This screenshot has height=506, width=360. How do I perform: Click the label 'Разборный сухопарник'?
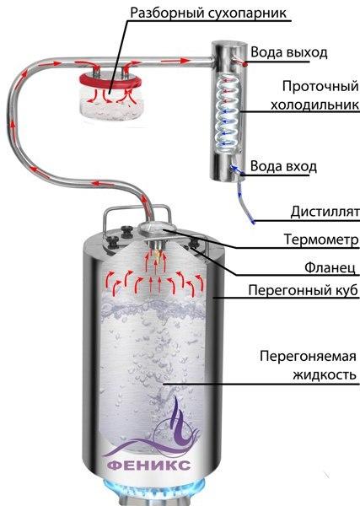point(208,13)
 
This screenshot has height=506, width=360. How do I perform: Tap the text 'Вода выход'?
point(289,52)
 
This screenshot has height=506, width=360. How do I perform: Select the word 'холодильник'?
point(314,105)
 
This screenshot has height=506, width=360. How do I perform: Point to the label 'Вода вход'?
point(283,166)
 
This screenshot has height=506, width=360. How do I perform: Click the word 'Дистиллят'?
point(325,212)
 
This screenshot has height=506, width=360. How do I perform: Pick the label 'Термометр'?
point(321,240)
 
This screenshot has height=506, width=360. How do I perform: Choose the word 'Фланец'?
point(330,267)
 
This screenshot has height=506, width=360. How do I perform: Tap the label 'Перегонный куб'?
point(304,290)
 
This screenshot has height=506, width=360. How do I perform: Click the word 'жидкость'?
point(325,375)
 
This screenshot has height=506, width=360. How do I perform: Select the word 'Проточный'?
point(320,87)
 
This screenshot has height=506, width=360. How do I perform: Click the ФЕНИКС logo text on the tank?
point(148,466)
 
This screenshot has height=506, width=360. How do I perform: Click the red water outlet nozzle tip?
point(245,64)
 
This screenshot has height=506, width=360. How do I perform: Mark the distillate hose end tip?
point(253,221)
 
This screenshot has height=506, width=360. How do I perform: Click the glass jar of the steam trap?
point(110,102)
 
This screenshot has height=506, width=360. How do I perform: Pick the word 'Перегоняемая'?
point(308,357)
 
